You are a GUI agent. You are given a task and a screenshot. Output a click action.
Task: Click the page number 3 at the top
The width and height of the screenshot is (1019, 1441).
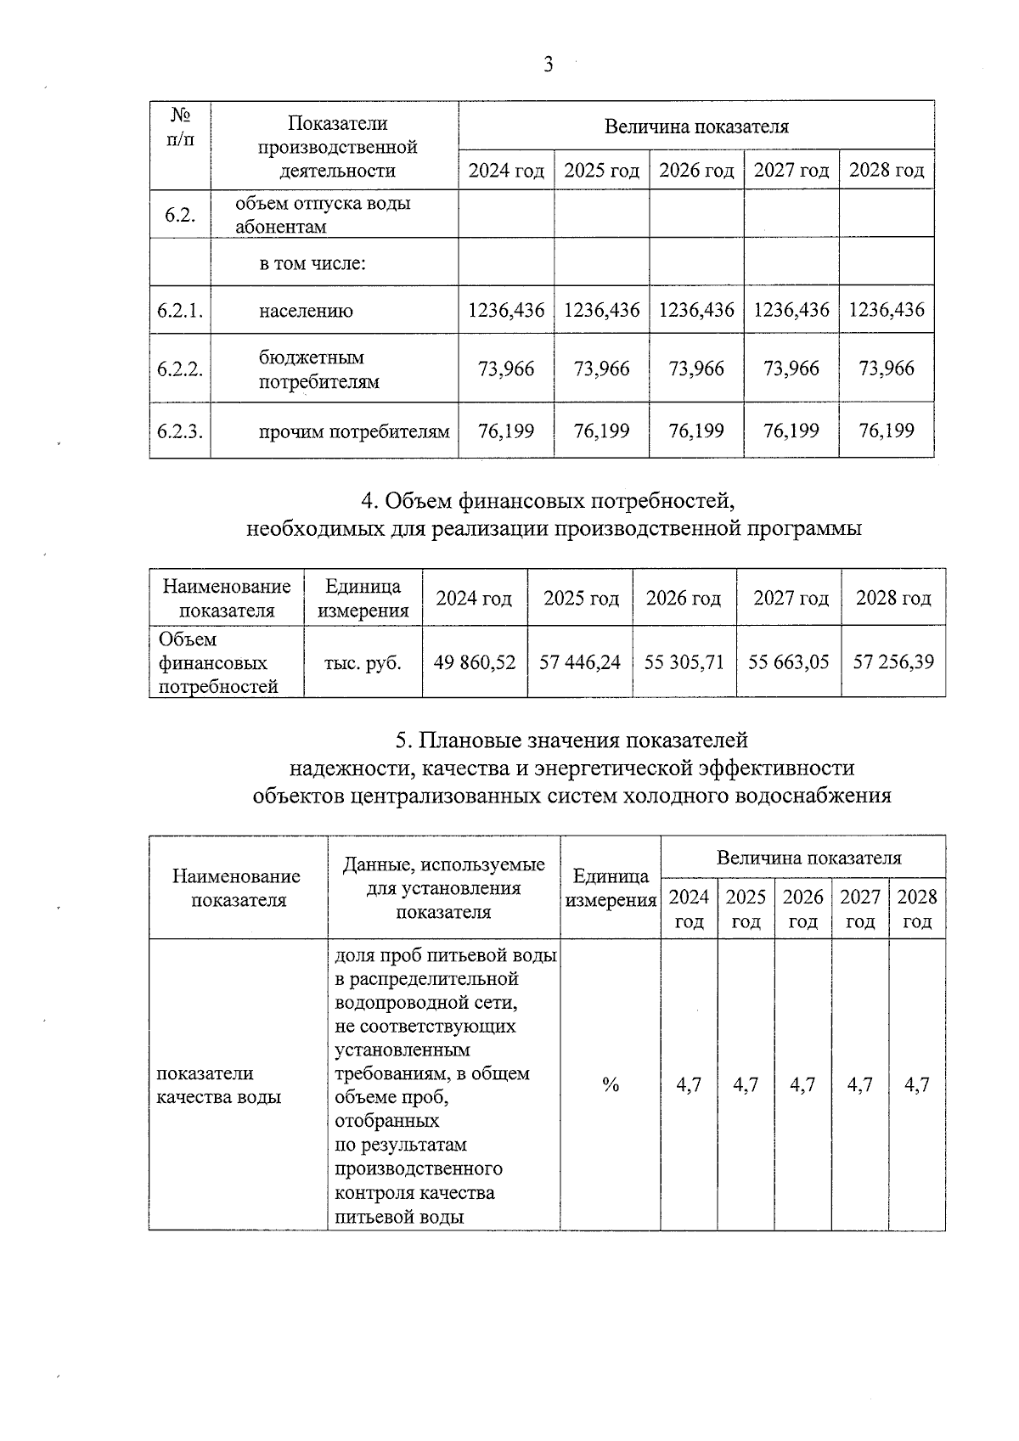tap(548, 65)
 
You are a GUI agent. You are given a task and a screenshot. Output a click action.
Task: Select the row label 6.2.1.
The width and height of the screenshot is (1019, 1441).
tap(179, 310)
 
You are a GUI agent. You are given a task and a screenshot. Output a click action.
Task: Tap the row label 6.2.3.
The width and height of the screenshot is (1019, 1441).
tap(179, 431)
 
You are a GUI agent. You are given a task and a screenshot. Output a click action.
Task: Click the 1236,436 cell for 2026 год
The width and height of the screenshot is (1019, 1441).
tap(696, 310)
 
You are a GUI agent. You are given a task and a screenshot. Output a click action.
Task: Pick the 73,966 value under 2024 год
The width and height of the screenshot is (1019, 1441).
tap(506, 369)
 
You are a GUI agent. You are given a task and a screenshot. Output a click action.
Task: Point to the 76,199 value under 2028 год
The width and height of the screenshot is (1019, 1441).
tap(887, 431)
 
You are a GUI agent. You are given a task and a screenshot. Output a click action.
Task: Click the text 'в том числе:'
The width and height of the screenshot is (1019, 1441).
tap(312, 263)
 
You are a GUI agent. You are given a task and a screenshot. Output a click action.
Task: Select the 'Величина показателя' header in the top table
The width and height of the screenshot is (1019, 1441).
tap(696, 127)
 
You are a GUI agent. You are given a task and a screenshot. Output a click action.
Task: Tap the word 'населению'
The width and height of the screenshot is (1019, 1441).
tap(306, 311)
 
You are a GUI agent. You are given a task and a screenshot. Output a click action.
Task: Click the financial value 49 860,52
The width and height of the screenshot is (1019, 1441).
tap(475, 662)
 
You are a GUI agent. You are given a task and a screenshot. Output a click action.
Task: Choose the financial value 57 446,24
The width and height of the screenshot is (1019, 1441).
tap(580, 662)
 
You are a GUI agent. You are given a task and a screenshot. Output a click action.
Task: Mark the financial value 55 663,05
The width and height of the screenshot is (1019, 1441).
tap(788, 662)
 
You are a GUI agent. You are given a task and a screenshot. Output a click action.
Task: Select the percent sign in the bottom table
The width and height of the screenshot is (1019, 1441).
tap(610, 1084)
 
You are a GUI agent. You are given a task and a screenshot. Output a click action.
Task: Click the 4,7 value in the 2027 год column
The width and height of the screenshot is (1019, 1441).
tap(859, 1084)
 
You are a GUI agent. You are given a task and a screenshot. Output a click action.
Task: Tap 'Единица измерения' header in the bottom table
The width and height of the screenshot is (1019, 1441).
tap(611, 888)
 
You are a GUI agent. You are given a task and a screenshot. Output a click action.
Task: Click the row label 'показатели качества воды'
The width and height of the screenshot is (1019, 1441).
tap(219, 1085)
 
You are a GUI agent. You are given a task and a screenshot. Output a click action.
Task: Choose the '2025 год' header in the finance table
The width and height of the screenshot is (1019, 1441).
tap(581, 599)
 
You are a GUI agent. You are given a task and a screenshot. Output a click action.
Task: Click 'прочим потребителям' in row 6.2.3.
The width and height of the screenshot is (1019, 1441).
tap(353, 431)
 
